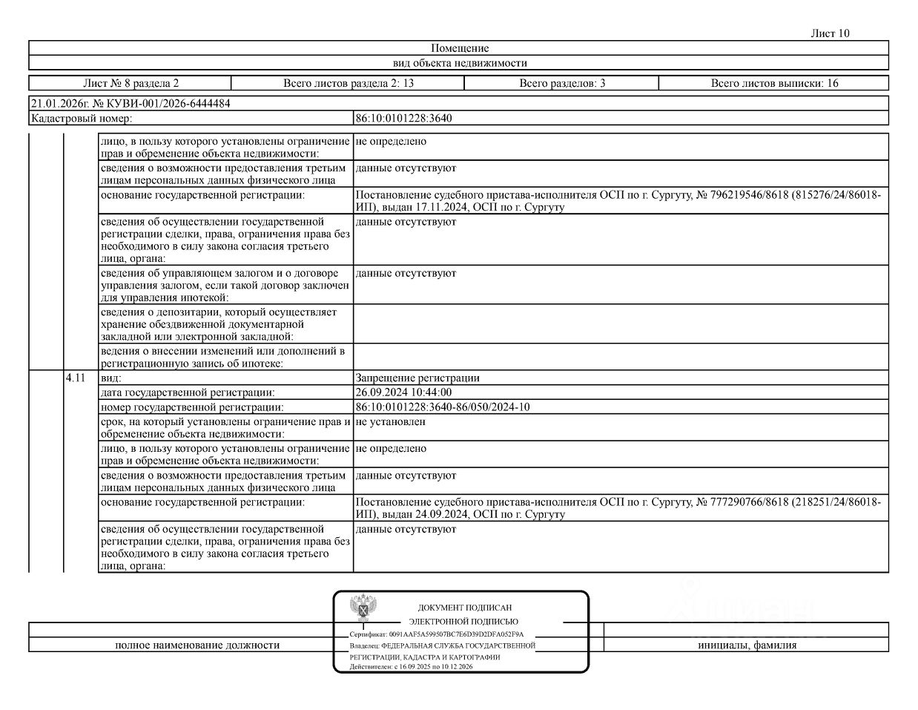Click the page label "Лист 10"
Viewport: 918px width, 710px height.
[830, 33]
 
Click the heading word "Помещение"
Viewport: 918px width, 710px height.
[459, 48]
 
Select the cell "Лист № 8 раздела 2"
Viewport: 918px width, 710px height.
[131, 83]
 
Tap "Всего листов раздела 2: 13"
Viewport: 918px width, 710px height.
[349, 83]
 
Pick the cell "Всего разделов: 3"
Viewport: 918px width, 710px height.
[562, 83]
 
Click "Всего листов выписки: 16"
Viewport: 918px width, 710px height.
[774, 83]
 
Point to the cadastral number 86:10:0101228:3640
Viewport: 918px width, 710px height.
[403, 118]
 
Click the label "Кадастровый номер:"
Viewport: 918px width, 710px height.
[82, 118]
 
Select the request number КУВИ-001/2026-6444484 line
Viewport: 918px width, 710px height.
[131, 104]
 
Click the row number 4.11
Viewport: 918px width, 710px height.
[76, 378]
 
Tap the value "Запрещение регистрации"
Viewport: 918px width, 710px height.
[417, 378]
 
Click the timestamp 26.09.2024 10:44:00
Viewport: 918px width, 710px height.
[403, 392]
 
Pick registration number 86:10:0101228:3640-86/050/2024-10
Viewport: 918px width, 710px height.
[443, 407]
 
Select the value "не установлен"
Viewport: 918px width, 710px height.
[390, 421]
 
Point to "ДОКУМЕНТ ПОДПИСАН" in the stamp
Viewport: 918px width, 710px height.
[464, 608]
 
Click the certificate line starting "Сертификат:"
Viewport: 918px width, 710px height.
[436, 634]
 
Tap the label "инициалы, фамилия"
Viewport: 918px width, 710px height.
[747, 645]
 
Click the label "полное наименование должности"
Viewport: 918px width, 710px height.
[197, 645]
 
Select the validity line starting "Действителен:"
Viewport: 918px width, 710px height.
[412, 667]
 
